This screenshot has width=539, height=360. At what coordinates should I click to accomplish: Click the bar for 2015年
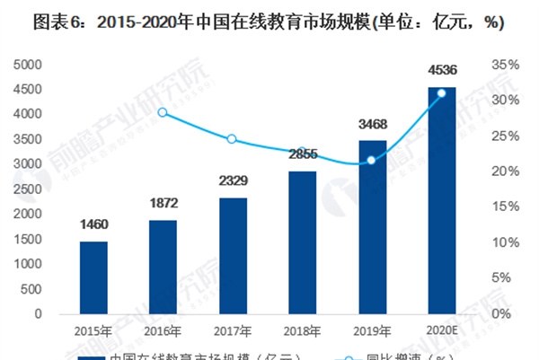(x=93, y=277)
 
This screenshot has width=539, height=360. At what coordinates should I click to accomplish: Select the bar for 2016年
(x=163, y=267)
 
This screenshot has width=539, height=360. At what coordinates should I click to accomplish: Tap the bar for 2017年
(x=233, y=256)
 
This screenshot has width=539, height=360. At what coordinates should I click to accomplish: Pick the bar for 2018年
(x=302, y=242)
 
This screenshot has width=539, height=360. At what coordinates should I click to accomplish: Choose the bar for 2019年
(x=372, y=227)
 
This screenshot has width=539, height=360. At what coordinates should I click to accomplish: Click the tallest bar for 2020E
(x=441, y=200)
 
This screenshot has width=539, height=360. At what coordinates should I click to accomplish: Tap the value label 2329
(x=233, y=181)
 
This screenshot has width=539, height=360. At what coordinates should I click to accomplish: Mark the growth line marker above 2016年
(x=163, y=112)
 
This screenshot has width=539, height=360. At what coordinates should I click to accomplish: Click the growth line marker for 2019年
(x=372, y=160)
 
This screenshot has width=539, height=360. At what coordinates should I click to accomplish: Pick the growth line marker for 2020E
(x=441, y=92)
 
